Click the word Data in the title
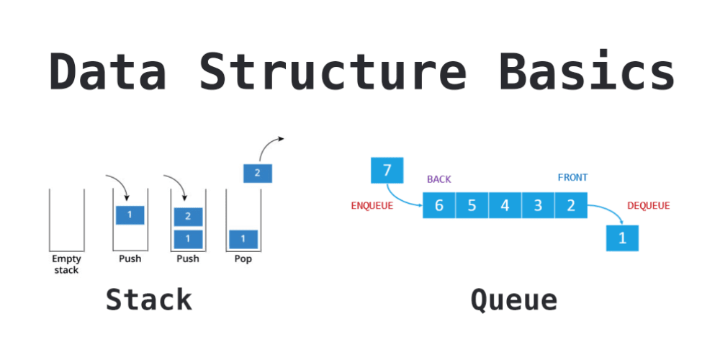pos(107,71)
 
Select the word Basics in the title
pos(587,71)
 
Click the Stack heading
pos(149,300)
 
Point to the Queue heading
pos(514,300)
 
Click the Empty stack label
pos(66,264)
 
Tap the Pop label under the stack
pos(243,259)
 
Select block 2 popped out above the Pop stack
pos(258,173)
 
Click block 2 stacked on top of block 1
pos(188,216)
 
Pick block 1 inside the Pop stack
pos(243,238)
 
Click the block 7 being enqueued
pos(387,171)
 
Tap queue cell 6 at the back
pos(438,205)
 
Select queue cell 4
pos(505,205)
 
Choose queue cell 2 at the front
pos(571,205)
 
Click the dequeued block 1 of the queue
pos(621,237)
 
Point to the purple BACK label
pos(438,179)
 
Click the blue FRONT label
pos(572,177)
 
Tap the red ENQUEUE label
pos(372,206)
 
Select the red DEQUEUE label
pos(648,206)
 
